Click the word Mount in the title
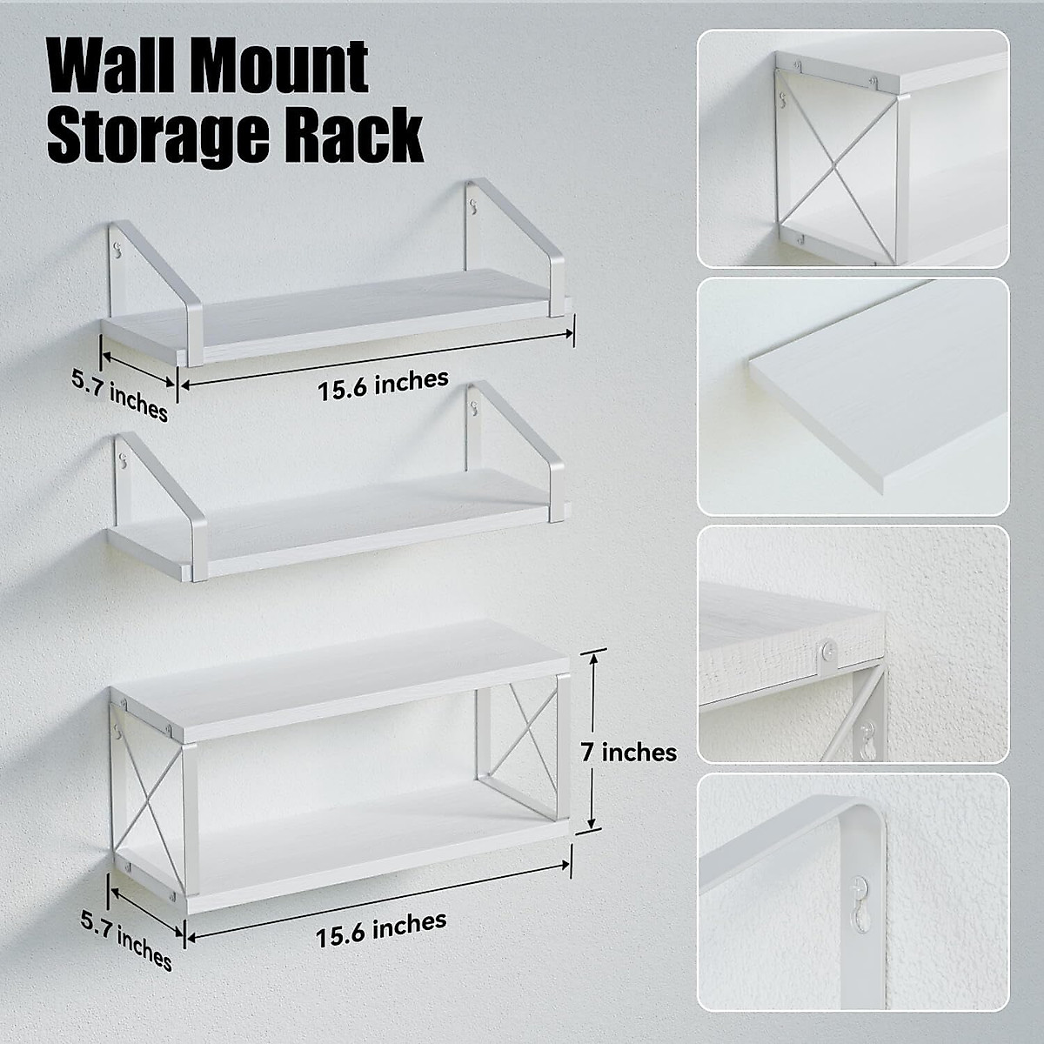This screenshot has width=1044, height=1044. pos(288,66)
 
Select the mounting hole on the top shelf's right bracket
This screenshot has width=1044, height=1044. pos(474,206)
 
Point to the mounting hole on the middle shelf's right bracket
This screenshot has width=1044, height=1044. pos(474,405)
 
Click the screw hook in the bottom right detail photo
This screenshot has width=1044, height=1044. pos(860,905)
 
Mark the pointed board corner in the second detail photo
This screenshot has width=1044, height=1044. pos(749,358)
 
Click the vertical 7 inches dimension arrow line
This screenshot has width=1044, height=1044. pos(592,739)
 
